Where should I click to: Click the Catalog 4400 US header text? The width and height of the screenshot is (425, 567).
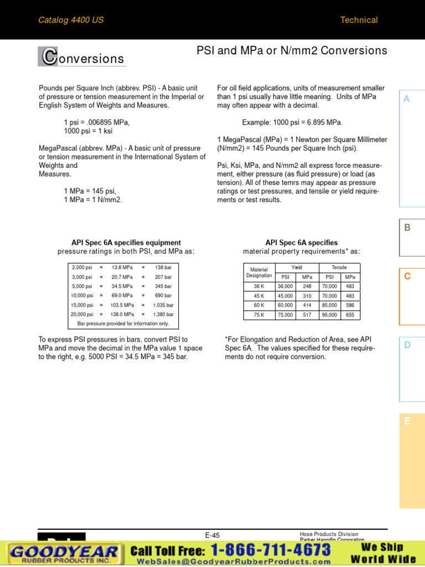point(71,20)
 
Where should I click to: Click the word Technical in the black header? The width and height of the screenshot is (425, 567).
point(359,20)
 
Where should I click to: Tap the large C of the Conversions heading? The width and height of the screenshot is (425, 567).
point(49,56)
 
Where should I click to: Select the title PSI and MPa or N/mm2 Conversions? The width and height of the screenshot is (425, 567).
point(292,51)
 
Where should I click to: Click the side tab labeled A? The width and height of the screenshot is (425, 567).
point(407,99)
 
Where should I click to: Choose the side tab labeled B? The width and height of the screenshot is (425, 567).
point(407,227)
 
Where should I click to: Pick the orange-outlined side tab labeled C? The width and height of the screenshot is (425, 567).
point(407,276)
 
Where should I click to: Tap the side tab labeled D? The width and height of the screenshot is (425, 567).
point(407,345)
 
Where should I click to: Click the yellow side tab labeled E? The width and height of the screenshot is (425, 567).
point(407,421)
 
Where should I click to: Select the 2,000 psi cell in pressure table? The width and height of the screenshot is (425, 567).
point(82,267)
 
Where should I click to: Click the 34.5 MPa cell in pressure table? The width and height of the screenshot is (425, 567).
point(122,286)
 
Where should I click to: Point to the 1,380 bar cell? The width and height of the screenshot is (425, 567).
point(163,314)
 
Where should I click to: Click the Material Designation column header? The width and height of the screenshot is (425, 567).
point(259,271)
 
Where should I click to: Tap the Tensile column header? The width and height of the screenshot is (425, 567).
point(339,267)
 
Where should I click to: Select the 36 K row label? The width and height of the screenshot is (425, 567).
point(259,286)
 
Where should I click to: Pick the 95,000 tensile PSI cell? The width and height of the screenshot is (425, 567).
point(329,315)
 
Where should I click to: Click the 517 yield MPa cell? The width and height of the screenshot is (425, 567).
point(307,315)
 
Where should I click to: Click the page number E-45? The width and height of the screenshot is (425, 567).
point(212,535)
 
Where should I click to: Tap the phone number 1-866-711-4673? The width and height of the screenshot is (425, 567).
point(271,550)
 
